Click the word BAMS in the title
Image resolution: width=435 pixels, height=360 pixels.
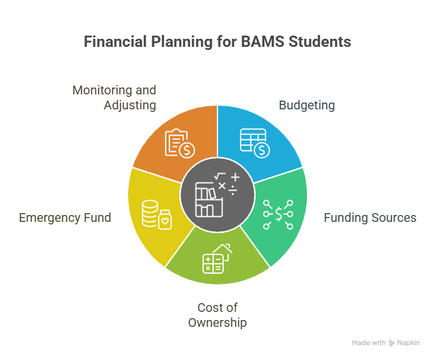pyautogui.click(x=262, y=42)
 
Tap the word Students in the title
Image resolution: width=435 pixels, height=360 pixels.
pyautogui.click(x=319, y=42)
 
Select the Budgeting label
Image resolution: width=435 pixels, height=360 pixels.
pyautogui.click(x=307, y=106)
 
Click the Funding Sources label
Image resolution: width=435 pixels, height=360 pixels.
pyautogui.click(x=370, y=217)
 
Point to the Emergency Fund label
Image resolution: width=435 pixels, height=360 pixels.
pyautogui.click(x=65, y=218)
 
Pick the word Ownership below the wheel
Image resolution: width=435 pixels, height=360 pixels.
pyautogui.click(x=217, y=323)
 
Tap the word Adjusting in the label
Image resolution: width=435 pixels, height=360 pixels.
pyautogui.click(x=130, y=106)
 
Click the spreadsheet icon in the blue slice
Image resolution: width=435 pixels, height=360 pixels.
pyautogui.click(x=254, y=143)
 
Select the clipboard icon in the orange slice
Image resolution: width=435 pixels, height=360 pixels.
pyautogui.click(x=180, y=143)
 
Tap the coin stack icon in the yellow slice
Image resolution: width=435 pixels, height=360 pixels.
pyautogui.click(x=157, y=214)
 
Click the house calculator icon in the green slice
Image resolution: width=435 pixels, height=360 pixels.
pyautogui.click(x=217, y=259)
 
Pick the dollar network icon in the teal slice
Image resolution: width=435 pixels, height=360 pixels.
pyautogui.click(x=278, y=214)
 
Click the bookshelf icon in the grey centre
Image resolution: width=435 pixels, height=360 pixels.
pyautogui.click(x=209, y=199)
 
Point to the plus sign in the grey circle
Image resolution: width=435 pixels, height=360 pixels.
pyautogui.click(x=235, y=177)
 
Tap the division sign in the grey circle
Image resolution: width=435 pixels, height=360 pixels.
pyautogui.click(x=232, y=190)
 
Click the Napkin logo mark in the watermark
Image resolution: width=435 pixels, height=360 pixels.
pyautogui.click(x=391, y=343)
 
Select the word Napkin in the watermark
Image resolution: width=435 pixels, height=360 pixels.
pyautogui.click(x=408, y=343)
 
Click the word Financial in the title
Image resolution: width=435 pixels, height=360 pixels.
pyautogui.click(x=115, y=42)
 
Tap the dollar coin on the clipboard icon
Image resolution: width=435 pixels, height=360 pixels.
pyautogui.click(x=187, y=151)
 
